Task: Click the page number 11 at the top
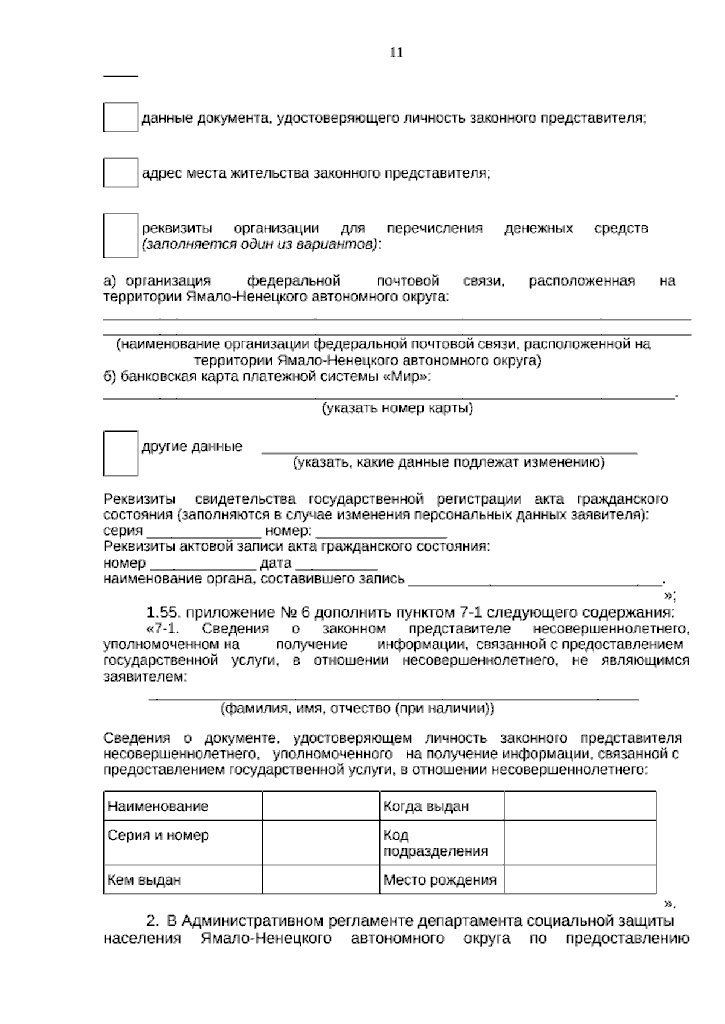396,53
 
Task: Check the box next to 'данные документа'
120,118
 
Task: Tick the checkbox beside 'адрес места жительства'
120,173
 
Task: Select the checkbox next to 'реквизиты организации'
120,236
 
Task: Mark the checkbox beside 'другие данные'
120,453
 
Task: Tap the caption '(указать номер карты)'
397,408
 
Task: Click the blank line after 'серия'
204,533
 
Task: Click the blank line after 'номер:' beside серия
381,533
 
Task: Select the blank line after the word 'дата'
337,565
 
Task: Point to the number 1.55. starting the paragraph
164,612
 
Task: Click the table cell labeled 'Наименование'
182,806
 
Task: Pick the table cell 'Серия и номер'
182,842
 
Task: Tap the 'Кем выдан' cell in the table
182,880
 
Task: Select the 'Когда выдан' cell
442,806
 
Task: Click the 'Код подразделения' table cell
442,843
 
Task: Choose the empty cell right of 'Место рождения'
579,880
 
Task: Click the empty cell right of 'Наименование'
321,806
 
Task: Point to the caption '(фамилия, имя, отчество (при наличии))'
357,709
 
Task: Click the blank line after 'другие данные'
449,449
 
